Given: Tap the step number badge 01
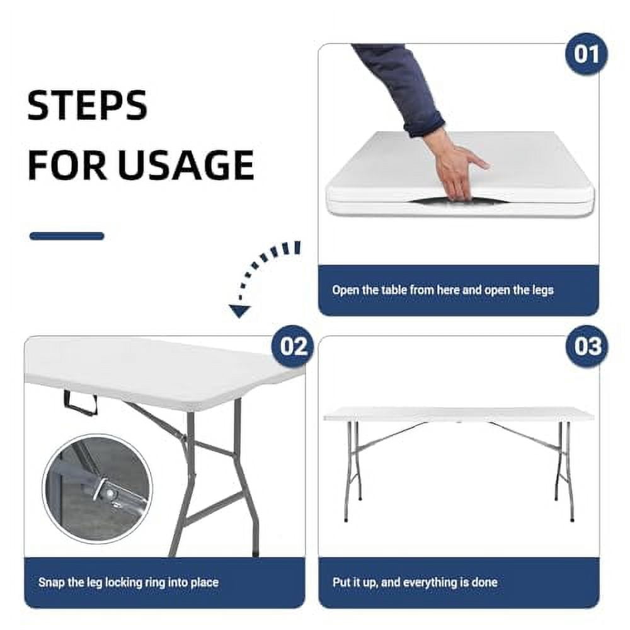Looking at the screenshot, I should pyautogui.click(x=586, y=54).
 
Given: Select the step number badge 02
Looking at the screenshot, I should pyautogui.click(x=293, y=346).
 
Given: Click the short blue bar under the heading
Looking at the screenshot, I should pyautogui.click(x=67, y=236).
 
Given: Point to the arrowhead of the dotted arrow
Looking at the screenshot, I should pyautogui.click(x=238, y=311).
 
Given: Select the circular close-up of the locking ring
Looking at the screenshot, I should pyautogui.click(x=97, y=489).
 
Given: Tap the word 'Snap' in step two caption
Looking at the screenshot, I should pyautogui.click(x=50, y=583).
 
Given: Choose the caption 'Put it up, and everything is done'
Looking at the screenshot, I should pyautogui.click(x=415, y=583).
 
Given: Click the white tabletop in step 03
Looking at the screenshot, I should pyautogui.click(x=458, y=413).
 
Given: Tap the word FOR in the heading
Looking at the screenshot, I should pyautogui.click(x=67, y=165).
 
